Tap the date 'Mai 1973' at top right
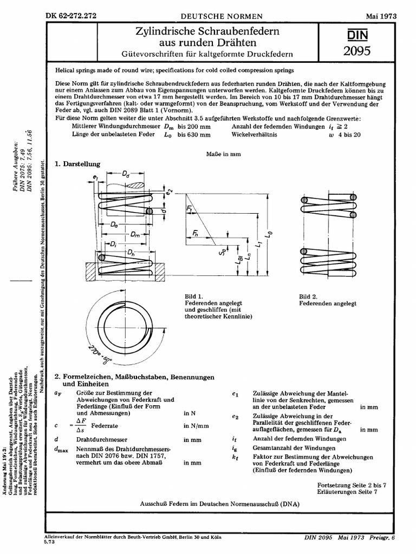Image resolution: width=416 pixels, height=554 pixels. click(381, 16)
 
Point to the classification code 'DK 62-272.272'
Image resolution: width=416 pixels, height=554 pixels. click(72, 16)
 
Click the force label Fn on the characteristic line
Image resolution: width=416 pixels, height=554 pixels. click(196, 232)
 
